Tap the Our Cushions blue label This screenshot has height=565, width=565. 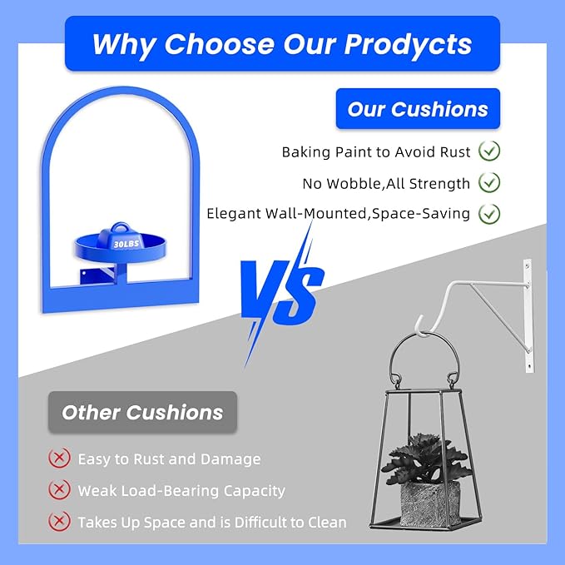pyautogui.click(x=418, y=109)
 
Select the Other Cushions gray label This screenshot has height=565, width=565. pyautogui.click(x=142, y=412)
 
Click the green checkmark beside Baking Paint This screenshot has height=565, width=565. pyautogui.click(x=489, y=151)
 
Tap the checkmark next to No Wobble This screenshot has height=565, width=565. pyautogui.click(x=489, y=182)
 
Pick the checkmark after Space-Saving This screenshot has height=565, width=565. pyautogui.click(x=489, y=214)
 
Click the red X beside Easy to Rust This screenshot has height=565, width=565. pyautogui.click(x=59, y=458)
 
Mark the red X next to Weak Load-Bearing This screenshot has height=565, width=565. pyautogui.click(x=59, y=489)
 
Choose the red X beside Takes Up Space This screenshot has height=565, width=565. pyautogui.click(x=59, y=521)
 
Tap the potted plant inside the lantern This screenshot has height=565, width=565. pyautogui.click(x=425, y=458)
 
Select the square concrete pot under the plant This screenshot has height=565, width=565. pyautogui.click(x=430, y=503)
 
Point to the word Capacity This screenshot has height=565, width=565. pyautogui.click(x=254, y=491)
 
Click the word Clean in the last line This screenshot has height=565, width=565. pyautogui.click(x=327, y=523)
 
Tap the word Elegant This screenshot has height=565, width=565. pyautogui.click(x=234, y=214)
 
